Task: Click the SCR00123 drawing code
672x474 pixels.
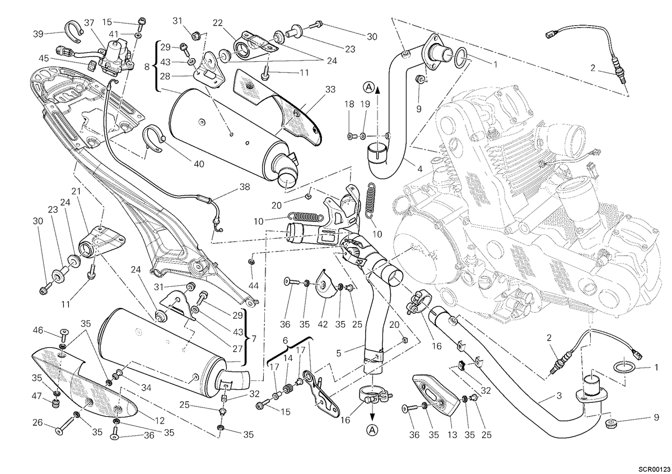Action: click(654, 469)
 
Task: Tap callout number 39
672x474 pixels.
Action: click(38, 34)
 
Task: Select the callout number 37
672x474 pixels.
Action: click(89, 23)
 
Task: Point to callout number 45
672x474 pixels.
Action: click(44, 58)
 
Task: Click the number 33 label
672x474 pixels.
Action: click(330, 90)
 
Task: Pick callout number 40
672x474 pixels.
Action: click(199, 164)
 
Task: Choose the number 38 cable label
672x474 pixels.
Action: click(245, 187)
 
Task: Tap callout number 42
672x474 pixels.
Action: click(323, 324)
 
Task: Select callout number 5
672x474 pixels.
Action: click(339, 354)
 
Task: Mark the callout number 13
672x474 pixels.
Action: click(452, 435)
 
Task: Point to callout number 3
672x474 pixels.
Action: click(559, 396)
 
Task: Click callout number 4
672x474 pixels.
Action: click(419, 169)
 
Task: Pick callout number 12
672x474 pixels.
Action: click(160, 421)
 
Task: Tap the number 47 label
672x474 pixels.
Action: click(36, 396)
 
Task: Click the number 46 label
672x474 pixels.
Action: click(38, 331)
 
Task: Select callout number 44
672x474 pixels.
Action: click(254, 286)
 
